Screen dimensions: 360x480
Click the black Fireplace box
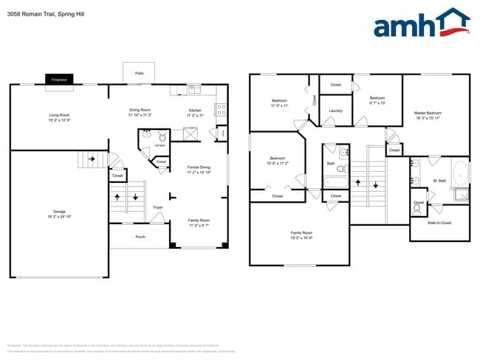[x=58, y=79]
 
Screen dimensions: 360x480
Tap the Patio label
[x=139, y=74]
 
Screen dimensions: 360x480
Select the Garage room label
[x=59, y=212]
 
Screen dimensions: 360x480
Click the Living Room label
[x=59, y=115]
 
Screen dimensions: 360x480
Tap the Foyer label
[x=158, y=207]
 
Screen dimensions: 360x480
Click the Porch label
[x=140, y=237]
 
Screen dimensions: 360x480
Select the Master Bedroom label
[x=428, y=113]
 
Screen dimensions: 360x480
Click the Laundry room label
[x=335, y=111]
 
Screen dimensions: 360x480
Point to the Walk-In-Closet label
[x=439, y=222]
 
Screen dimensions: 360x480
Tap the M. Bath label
[x=439, y=180]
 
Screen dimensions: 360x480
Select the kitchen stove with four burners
[x=220, y=110]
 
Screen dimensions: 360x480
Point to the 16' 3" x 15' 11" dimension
[x=428, y=118]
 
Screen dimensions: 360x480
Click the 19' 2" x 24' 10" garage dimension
[x=59, y=217]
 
